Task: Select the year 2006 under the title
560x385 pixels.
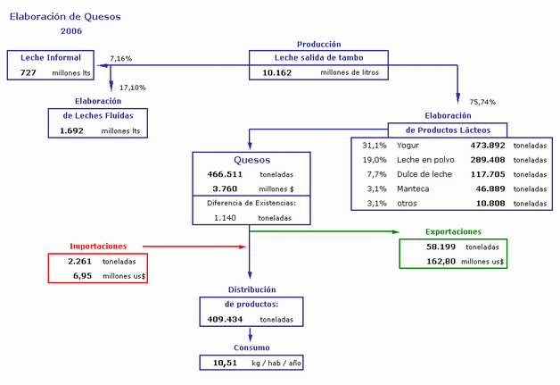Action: pos(71,30)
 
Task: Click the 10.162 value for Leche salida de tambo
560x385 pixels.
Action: pos(278,72)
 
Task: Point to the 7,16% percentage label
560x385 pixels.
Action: pos(120,59)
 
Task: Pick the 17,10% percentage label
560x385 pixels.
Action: pos(132,88)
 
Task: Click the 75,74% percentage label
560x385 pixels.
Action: pos(482,102)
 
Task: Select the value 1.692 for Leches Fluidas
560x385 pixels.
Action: pos(71,130)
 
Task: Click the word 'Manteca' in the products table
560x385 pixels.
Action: pos(413,188)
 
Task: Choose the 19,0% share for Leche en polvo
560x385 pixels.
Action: pos(374,159)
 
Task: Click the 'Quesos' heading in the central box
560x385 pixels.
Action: pos(249,160)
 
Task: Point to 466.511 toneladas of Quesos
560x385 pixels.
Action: pos(225,174)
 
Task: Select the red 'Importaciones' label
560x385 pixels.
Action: pos(98,246)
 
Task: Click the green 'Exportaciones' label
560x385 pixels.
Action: pos(454,231)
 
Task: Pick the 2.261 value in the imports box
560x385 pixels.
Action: pos(81,261)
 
